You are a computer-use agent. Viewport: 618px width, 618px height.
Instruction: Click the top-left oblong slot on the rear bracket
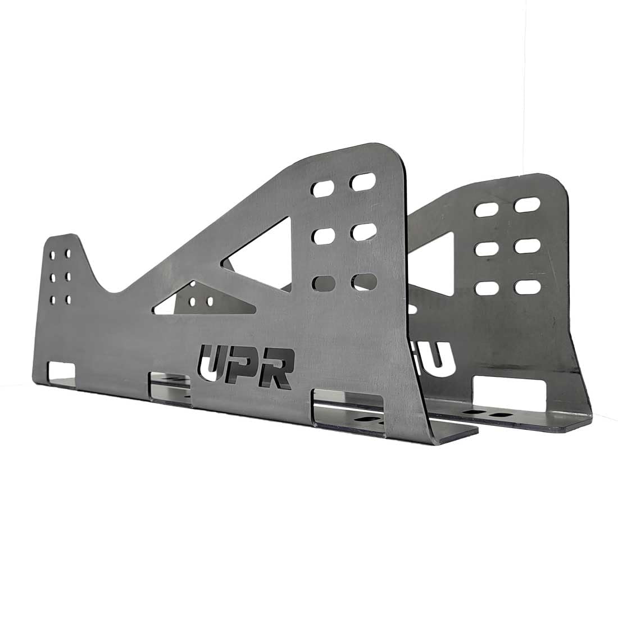[x=485, y=209]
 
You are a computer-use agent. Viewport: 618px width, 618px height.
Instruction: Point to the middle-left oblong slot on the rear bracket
[x=487, y=248]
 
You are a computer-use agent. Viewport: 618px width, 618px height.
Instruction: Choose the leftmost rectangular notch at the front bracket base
[x=62, y=370]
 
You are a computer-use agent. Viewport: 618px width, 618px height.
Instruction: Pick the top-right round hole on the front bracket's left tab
[x=68, y=253]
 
